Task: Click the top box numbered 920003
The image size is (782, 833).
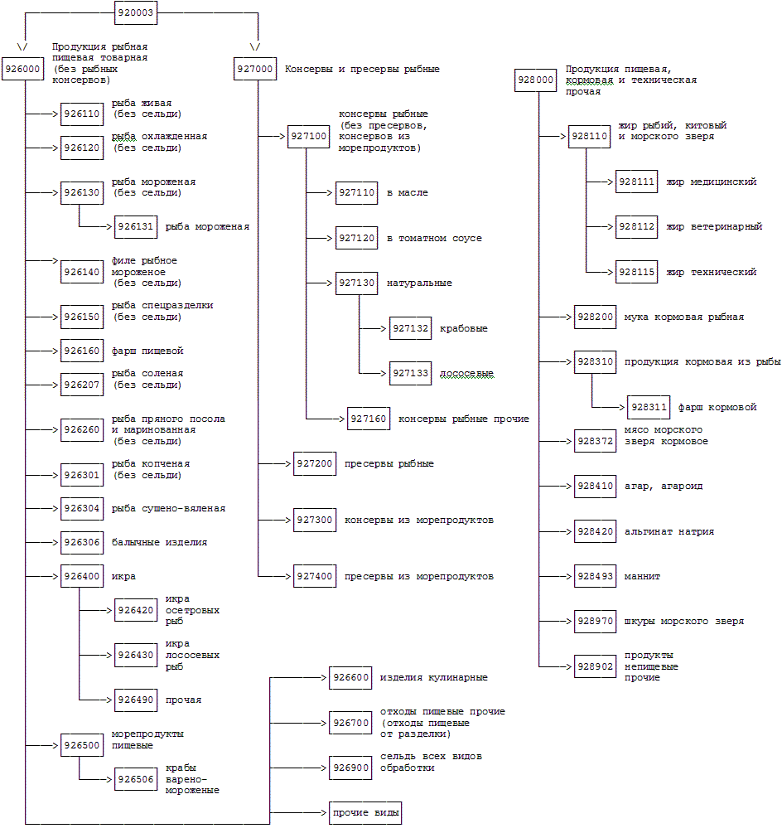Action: click(x=136, y=12)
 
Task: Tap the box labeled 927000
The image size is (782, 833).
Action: click(x=254, y=69)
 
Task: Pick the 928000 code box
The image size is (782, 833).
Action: click(x=535, y=80)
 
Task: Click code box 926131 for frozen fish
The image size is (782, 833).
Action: click(x=136, y=225)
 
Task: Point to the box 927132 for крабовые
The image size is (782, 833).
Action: click(x=410, y=328)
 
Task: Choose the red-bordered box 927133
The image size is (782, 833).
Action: click(x=410, y=374)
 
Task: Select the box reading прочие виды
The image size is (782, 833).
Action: click(x=365, y=812)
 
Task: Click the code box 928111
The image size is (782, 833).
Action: click(x=636, y=182)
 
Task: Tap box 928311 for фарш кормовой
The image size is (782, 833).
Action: click(x=648, y=407)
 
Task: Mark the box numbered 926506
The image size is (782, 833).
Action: click(x=136, y=779)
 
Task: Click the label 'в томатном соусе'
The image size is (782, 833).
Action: click(x=434, y=238)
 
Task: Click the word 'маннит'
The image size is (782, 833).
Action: click(x=643, y=576)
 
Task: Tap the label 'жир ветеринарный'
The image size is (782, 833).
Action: click(x=713, y=226)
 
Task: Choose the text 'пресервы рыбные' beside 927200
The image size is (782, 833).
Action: click(x=389, y=463)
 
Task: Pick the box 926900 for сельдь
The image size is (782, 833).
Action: click(x=350, y=768)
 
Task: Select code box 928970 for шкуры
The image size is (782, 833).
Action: click(x=596, y=621)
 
